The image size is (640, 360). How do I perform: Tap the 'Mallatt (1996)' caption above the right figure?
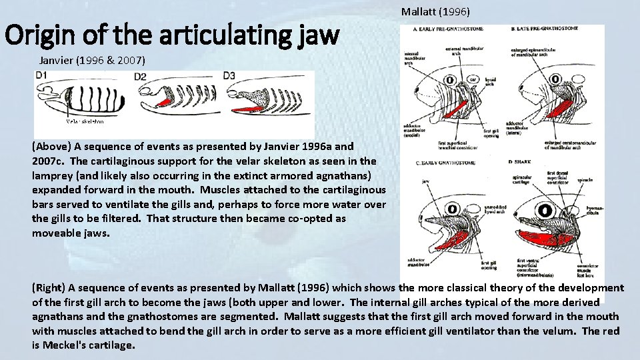(x=435, y=12)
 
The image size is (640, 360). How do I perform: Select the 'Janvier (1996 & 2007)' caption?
(x=93, y=61)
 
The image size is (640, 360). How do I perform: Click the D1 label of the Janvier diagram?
(x=41, y=75)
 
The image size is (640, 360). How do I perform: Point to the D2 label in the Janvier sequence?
(x=140, y=77)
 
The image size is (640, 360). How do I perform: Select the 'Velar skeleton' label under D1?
(x=85, y=122)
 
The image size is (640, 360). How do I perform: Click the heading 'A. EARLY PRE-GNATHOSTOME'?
(x=448, y=29)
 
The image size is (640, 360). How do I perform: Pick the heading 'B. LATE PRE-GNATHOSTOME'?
(x=543, y=29)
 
